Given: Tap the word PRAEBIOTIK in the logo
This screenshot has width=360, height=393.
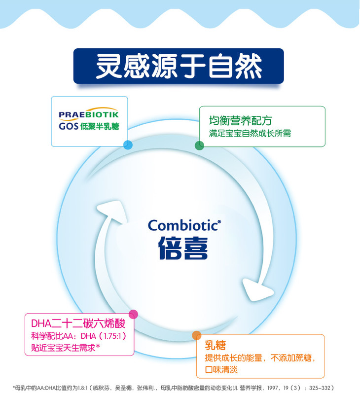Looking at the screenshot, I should [89, 114].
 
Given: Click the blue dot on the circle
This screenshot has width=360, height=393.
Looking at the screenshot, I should [128, 145].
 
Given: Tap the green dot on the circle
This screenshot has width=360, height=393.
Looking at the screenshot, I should [199, 145].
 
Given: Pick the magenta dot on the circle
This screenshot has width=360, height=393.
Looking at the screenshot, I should [133, 314].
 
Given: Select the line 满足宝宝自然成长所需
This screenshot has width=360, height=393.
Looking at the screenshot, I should [250, 134].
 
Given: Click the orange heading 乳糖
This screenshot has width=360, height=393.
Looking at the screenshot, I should [218, 344].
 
